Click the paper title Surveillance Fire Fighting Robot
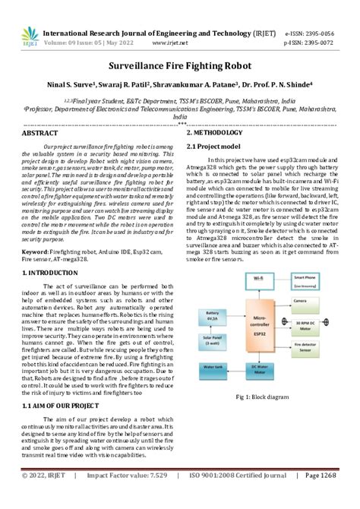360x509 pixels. [x=179, y=67]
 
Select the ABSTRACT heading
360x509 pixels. [x=40, y=133]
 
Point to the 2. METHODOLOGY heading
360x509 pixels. [x=219, y=133]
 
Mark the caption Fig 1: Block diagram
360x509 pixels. [x=262, y=396]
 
